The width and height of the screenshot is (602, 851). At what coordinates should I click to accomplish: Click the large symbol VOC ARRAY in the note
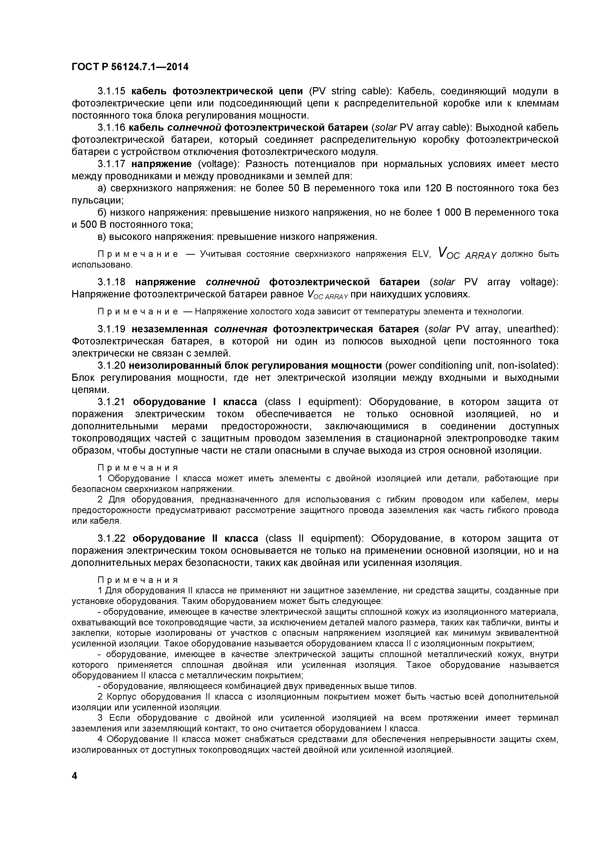(467, 254)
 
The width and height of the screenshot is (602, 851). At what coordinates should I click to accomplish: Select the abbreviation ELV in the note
(421, 254)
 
